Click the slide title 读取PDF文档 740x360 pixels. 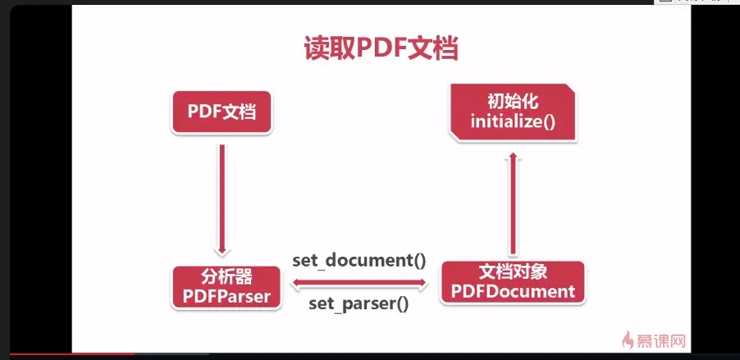click(x=381, y=47)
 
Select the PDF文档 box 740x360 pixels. click(x=222, y=112)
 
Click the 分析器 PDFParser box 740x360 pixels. click(x=222, y=286)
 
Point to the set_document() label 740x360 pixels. click(x=359, y=262)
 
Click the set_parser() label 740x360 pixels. click(x=359, y=305)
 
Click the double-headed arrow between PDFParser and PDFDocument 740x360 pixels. click(x=359, y=284)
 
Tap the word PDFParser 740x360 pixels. click(x=222, y=296)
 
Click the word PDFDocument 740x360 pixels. click(x=513, y=292)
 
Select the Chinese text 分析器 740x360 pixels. click(x=221, y=276)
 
